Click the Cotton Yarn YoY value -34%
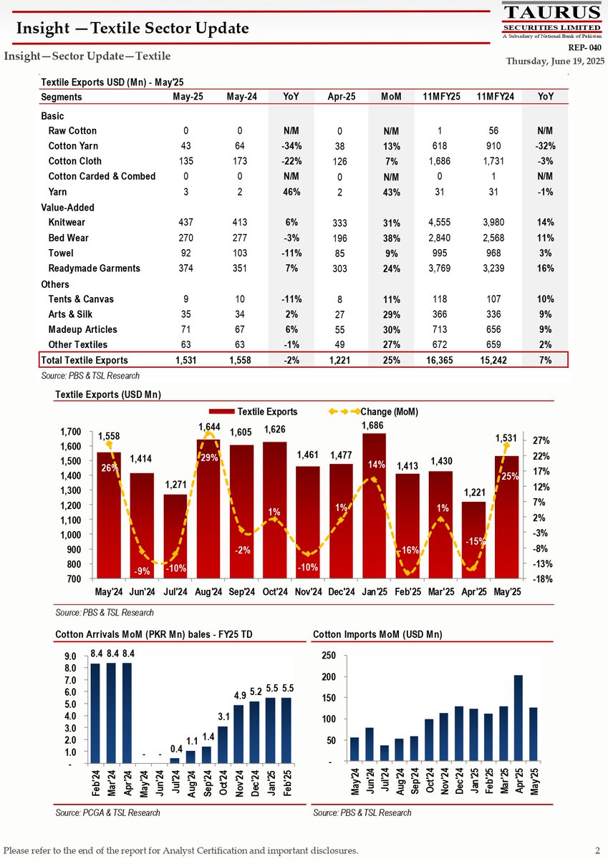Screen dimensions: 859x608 (x=291, y=146)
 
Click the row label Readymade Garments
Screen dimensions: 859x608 (x=94, y=268)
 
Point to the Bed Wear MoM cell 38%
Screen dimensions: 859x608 (x=390, y=238)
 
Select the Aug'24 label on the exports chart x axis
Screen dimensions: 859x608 (x=208, y=592)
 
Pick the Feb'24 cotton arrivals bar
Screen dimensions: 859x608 (x=95, y=712)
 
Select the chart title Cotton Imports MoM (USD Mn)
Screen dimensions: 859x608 (x=377, y=634)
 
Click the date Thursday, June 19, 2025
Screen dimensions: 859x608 (x=556, y=61)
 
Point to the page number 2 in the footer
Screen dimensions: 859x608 (x=597, y=850)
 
